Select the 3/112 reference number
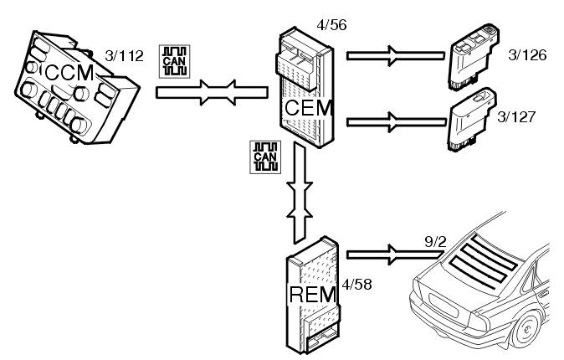(126, 57)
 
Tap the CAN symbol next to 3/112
(173, 59)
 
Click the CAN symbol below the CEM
(265, 157)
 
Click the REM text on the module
(310, 294)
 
